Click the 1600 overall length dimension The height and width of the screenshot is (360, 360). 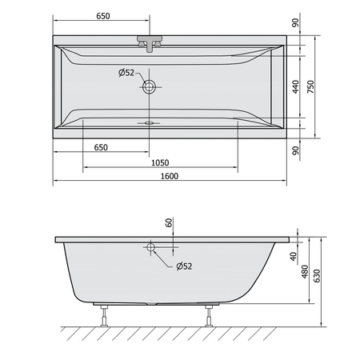click(x=170, y=176)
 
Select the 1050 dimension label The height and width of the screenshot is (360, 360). click(x=160, y=162)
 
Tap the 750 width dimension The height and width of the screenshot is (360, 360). click(x=311, y=86)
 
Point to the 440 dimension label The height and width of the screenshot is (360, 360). click(x=296, y=86)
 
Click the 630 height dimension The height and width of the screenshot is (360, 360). click(x=317, y=276)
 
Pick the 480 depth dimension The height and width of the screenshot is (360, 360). click(x=305, y=272)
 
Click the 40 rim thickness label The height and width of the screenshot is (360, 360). click(x=294, y=257)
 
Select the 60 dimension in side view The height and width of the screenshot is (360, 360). click(x=169, y=222)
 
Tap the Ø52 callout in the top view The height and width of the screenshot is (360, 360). click(x=126, y=73)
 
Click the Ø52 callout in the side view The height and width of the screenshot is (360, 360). click(x=184, y=266)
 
